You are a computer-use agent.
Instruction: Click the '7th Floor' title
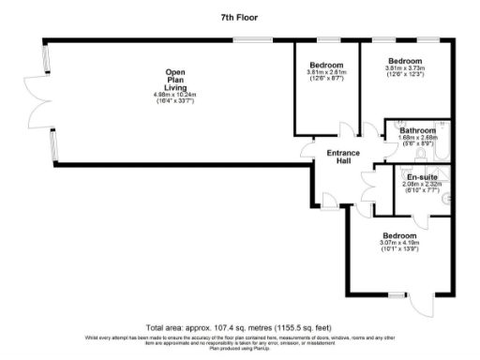[239, 17]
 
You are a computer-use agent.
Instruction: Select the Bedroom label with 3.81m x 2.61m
[326, 65]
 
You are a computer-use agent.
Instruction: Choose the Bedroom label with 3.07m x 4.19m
[398, 235]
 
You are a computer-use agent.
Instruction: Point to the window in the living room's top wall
[247, 38]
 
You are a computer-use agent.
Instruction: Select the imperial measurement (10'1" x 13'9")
[398, 249]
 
